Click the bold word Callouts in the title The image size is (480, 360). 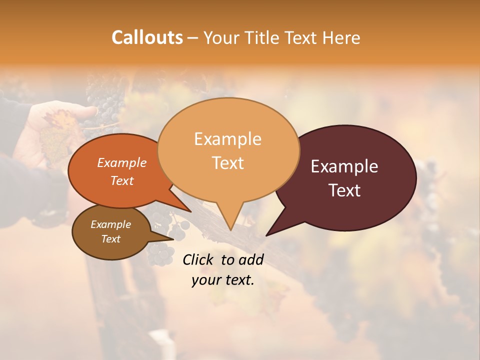147,37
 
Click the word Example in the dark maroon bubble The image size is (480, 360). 344,166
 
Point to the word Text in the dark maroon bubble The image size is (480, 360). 344,190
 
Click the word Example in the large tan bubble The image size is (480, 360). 227,139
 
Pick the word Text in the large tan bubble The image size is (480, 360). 227,163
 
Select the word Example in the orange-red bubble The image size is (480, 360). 121,163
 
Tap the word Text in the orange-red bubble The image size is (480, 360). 121,181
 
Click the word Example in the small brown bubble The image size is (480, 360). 110,224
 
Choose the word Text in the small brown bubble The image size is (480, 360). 110,239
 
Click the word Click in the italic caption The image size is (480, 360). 198,259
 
